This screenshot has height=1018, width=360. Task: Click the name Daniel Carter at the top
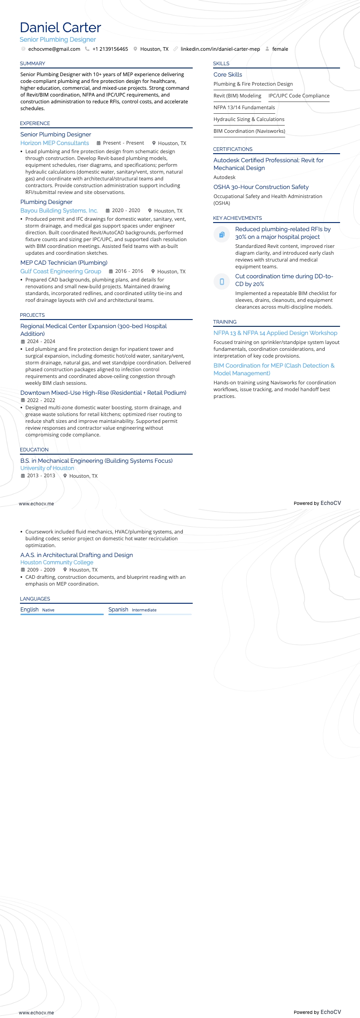click(60, 28)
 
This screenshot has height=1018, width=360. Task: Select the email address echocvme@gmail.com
click(54, 49)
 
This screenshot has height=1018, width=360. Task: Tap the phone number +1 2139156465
click(110, 49)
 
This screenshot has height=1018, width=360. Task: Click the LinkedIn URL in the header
click(220, 49)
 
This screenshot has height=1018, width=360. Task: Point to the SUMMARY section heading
click(33, 63)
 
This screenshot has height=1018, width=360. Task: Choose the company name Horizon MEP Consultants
click(54, 143)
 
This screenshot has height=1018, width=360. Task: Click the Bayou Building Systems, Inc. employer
click(59, 210)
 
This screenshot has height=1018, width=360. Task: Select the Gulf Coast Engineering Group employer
click(61, 271)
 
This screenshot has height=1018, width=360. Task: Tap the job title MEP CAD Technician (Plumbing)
click(64, 262)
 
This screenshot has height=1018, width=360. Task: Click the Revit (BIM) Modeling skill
click(237, 96)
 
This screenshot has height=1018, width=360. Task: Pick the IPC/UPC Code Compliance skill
click(299, 96)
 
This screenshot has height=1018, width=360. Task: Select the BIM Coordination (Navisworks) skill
click(249, 131)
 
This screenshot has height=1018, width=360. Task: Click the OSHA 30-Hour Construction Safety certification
click(261, 187)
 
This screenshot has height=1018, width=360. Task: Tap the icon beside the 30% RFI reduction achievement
click(222, 234)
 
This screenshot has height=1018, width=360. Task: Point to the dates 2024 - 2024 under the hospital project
click(41, 341)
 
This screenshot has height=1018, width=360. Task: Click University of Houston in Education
click(47, 468)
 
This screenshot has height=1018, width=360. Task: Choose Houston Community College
click(57, 562)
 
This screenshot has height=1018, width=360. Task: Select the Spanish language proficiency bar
click(150, 614)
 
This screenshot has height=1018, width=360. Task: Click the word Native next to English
click(48, 610)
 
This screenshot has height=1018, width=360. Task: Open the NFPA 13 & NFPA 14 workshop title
click(275, 333)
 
